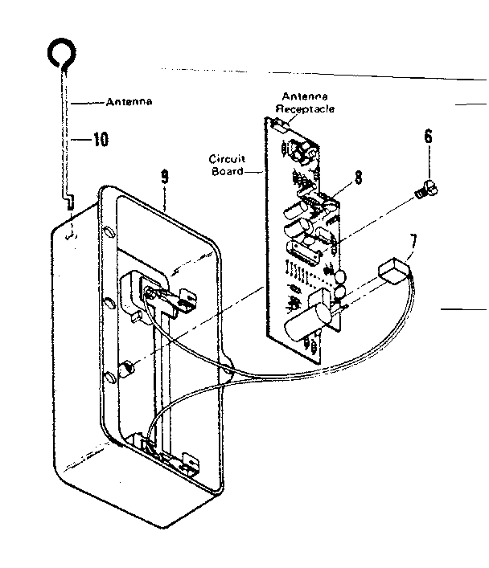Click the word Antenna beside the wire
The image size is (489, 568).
coord(129,103)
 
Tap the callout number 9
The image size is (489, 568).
coord(164,178)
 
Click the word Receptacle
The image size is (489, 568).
coord(305,108)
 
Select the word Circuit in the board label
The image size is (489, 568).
coord(226,159)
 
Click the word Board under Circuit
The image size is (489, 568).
coord(227,171)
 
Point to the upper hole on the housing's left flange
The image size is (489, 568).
coord(110,234)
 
